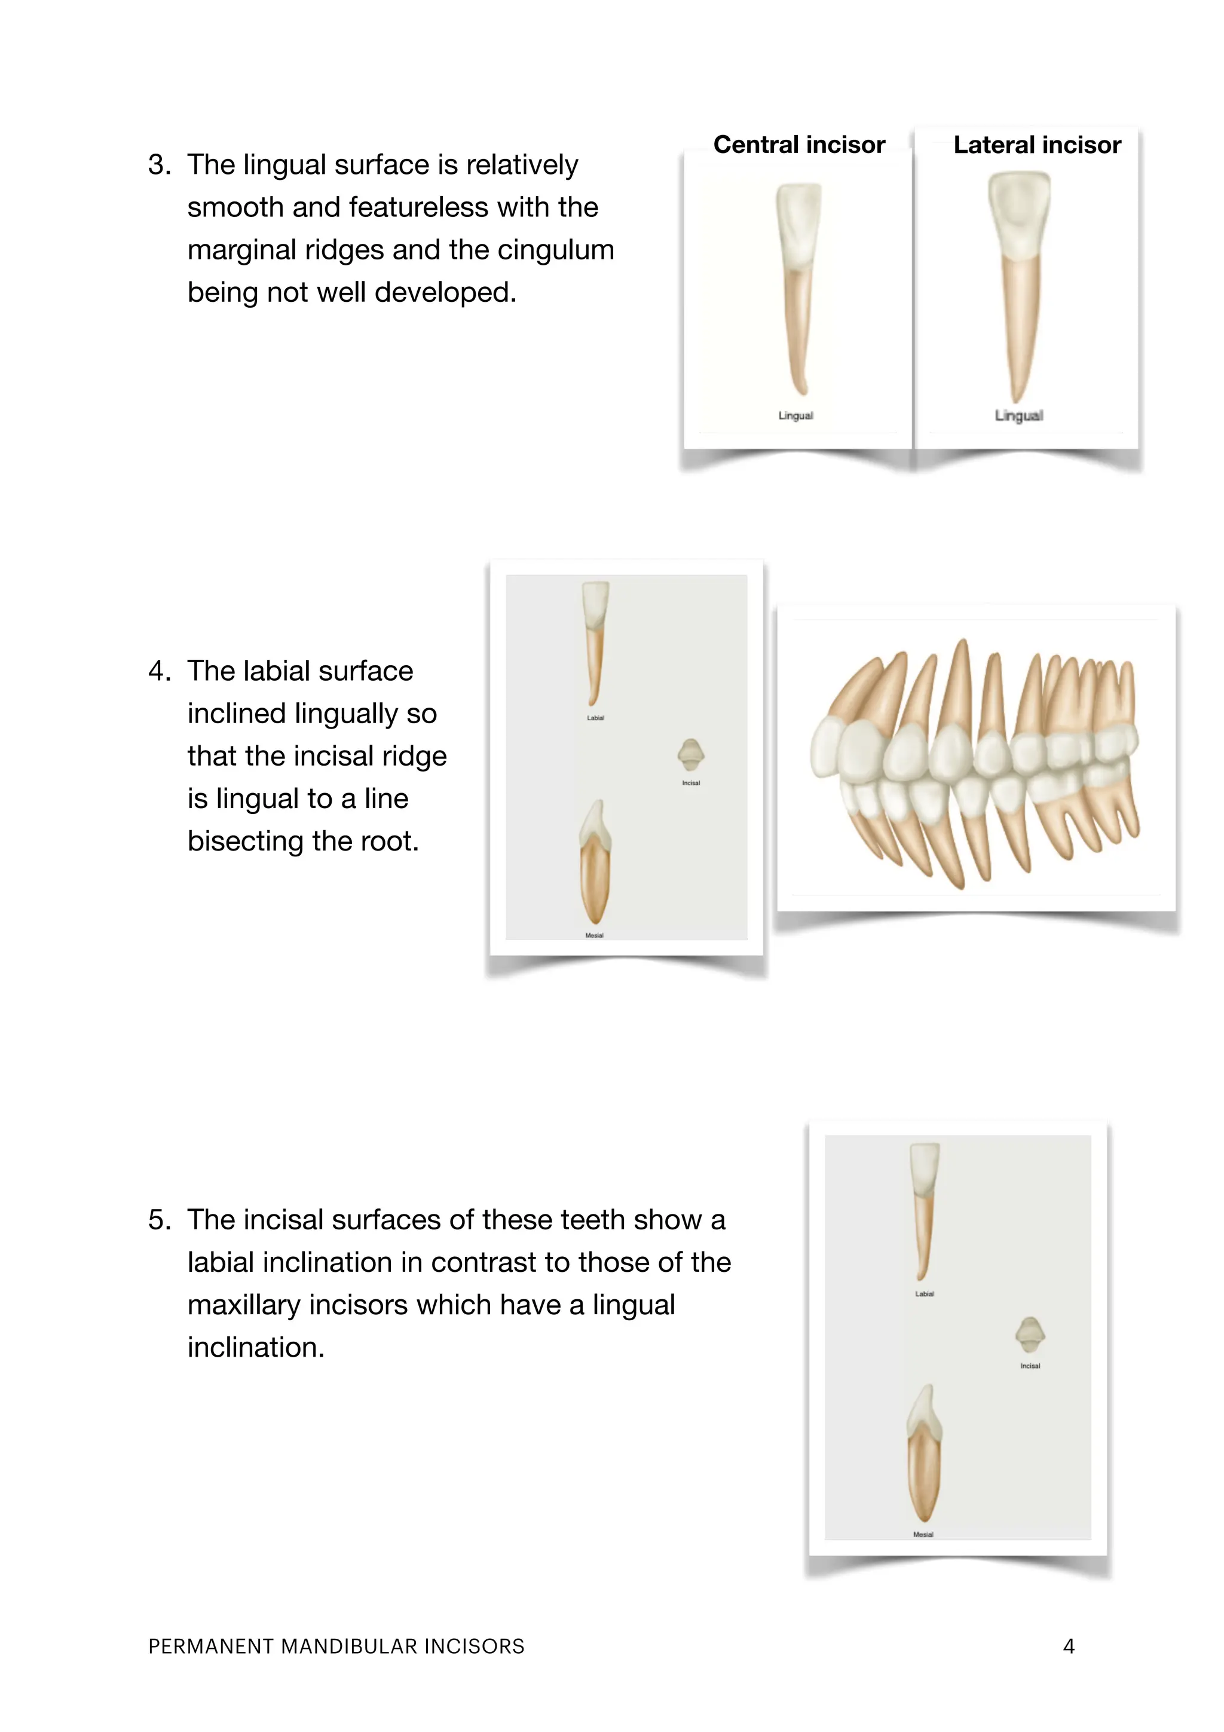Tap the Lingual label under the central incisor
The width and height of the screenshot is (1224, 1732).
point(795,415)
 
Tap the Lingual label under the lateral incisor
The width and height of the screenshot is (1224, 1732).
point(1018,415)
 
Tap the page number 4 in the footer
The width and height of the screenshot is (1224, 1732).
point(1068,1646)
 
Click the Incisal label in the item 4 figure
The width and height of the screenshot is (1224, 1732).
point(691,783)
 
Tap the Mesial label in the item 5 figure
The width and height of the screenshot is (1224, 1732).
point(923,1534)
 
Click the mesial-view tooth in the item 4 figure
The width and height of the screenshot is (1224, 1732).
point(594,868)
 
